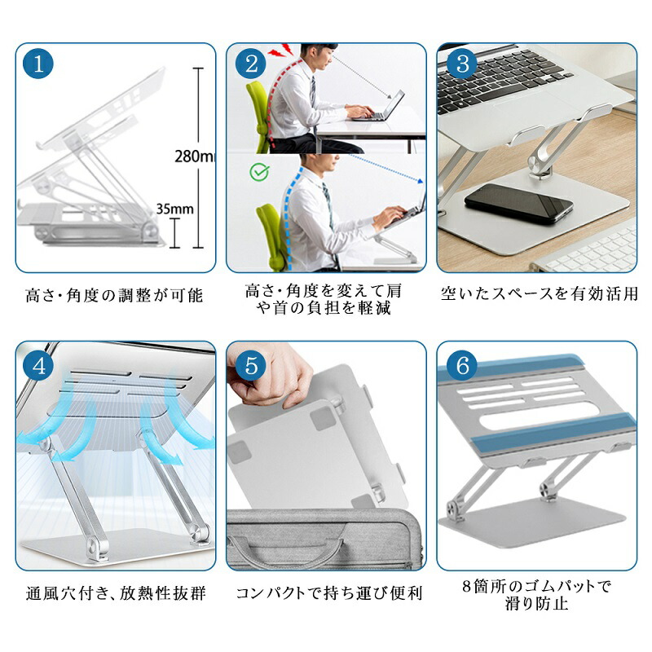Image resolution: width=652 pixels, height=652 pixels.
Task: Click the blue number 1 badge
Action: (38, 64)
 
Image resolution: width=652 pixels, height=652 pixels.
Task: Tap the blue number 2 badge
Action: (251, 64)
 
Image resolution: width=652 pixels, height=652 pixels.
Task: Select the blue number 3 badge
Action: (462, 64)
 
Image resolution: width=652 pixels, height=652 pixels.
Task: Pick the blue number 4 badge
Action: (38, 366)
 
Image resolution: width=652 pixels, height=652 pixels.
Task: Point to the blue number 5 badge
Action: (251, 366)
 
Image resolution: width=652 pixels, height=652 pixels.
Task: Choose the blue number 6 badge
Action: (462, 366)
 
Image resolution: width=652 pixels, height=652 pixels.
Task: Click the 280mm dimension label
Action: (195, 156)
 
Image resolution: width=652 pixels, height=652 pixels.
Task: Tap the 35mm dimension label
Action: (174, 209)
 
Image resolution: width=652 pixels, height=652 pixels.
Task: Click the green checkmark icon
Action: (259, 172)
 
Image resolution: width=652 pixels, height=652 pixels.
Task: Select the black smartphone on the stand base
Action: (518, 203)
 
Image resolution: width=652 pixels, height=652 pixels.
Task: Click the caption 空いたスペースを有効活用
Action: (539, 293)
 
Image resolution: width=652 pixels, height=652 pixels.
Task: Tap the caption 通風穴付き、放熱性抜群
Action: (116, 593)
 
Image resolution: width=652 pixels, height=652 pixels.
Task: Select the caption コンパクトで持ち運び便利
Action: (329, 593)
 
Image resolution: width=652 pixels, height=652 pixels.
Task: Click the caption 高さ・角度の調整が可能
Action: (114, 295)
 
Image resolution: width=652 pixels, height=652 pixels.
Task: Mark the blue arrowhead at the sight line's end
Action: (420, 181)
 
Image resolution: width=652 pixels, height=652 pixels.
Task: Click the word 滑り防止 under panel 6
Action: (537, 603)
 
